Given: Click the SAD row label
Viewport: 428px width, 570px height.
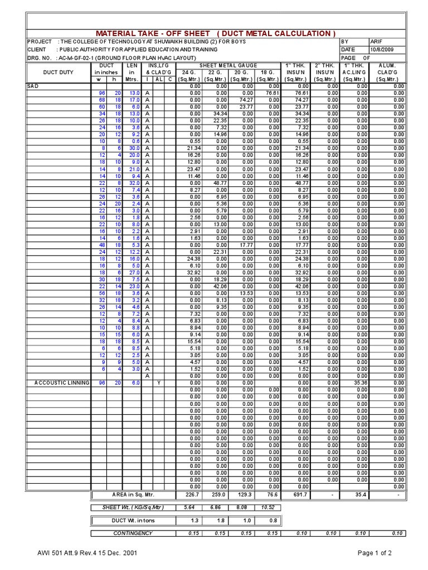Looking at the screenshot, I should click(32, 86).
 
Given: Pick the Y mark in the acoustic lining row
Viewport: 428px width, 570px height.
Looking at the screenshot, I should click(159, 383).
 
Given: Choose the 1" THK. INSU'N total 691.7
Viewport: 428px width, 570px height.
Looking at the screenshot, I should click(298, 494).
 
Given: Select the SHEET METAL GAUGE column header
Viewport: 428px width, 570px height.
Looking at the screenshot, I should click(229, 66).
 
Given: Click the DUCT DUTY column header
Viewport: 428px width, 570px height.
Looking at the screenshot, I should click(58, 72).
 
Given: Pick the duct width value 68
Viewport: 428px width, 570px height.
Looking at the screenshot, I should click(102, 100).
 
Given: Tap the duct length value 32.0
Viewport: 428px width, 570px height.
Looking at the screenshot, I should click(134, 183).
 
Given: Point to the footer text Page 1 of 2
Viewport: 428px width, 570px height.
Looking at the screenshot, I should click(379, 554).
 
